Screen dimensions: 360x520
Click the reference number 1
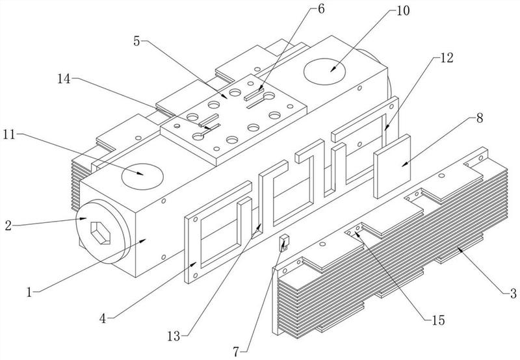click(30, 291)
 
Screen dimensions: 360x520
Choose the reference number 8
click(479, 118)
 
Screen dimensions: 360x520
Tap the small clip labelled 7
click(284, 244)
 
